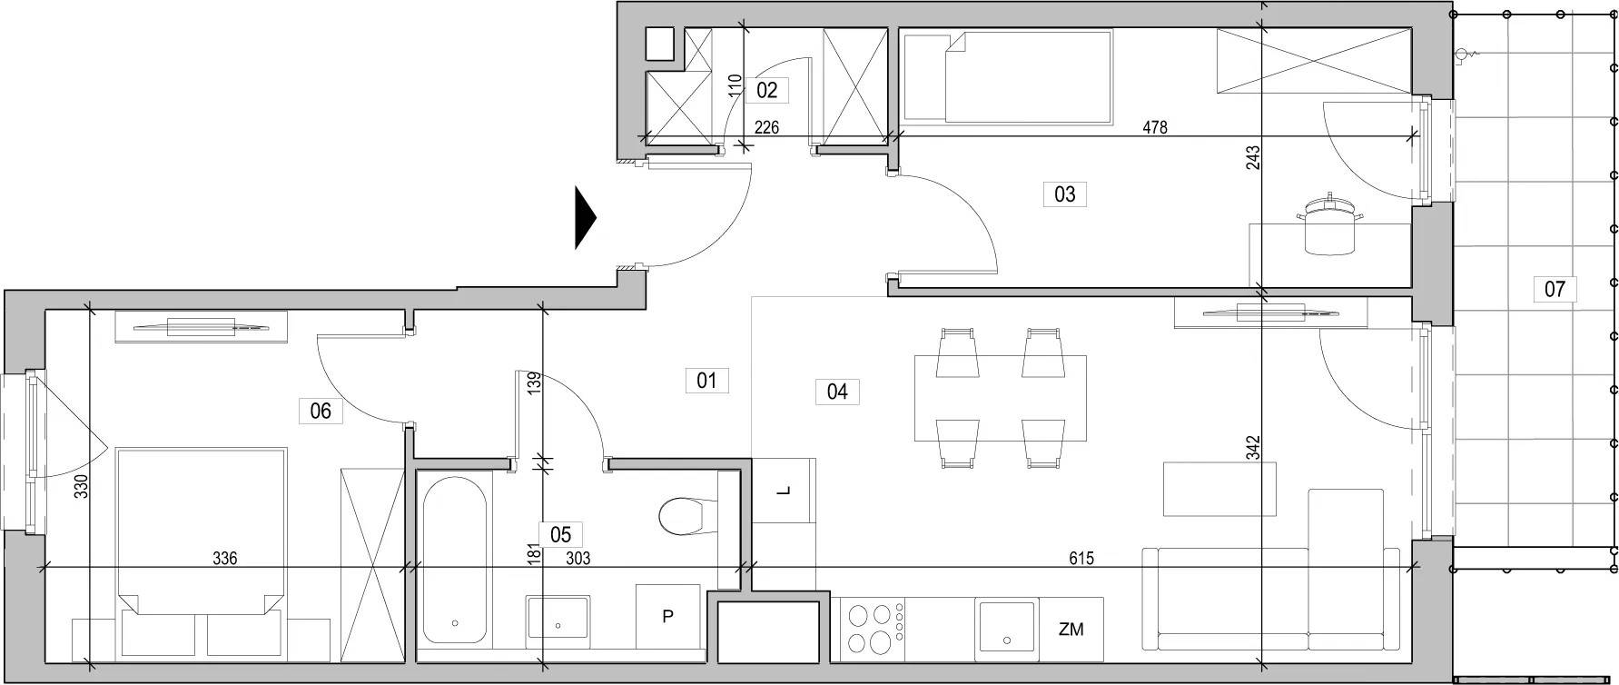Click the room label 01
[706, 380]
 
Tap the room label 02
[766, 90]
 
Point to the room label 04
[837, 392]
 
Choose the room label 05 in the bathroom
[560, 535]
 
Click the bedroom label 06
[321, 411]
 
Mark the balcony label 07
[1555, 289]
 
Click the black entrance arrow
[586, 217]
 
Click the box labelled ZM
[1071, 629]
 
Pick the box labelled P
[667, 617]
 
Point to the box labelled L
[785, 491]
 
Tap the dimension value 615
[1081, 559]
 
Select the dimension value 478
[1154, 127]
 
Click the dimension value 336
[224, 558]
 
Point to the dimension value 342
[1253, 449]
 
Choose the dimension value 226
[766, 127]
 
